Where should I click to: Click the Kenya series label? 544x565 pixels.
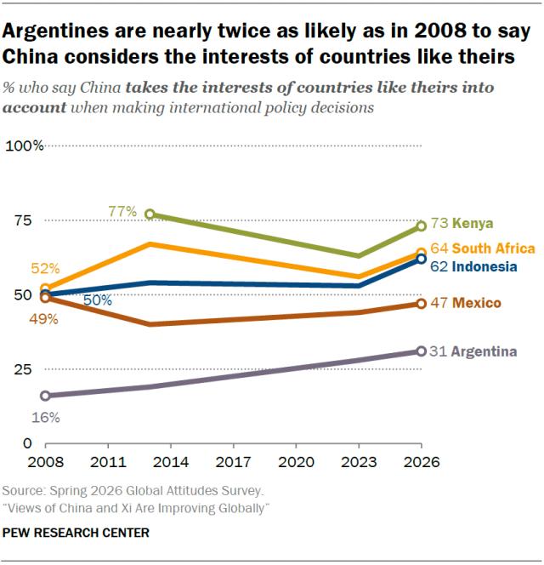point(473,224)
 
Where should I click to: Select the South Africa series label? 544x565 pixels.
point(493,248)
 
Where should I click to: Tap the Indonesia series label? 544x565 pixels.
point(484,266)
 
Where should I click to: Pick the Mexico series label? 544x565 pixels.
point(476,303)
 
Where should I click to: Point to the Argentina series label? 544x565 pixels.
point(484,351)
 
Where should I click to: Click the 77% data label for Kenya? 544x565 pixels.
point(122,212)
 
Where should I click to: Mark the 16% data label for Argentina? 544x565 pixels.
point(46,418)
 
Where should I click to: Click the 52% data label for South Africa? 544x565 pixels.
point(45,268)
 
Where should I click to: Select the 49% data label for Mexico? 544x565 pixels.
point(44,319)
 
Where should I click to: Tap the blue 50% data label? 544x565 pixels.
point(98,300)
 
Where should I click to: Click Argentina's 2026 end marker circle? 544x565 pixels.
point(422,351)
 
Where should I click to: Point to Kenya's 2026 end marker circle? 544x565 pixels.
point(422,226)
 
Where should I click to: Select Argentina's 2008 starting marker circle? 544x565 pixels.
point(45,396)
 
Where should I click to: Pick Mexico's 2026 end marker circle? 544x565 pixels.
point(422,304)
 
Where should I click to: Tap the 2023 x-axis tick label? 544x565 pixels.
point(359,462)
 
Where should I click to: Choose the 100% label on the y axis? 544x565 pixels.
point(25,146)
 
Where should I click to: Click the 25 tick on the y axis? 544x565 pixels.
point(23,369)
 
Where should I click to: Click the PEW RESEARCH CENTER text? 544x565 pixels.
point(76,533)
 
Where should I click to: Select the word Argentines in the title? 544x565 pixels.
point(55,31)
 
